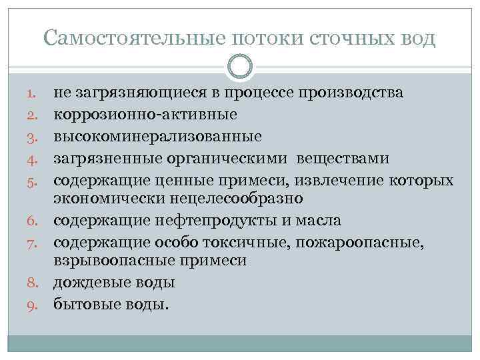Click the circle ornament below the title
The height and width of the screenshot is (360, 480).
pos(239,66)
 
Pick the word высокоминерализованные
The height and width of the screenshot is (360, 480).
pos(158,136)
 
